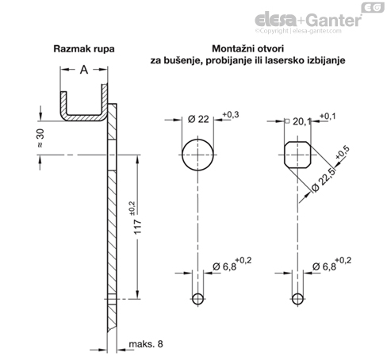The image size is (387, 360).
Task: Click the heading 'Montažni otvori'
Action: coord(245,49)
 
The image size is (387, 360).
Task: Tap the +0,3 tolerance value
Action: coord(231,115)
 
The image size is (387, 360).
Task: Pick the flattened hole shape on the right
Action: coord(297,154)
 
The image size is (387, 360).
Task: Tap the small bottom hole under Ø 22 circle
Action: coord(197,298)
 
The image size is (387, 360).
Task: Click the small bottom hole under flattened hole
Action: coord(297,298)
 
